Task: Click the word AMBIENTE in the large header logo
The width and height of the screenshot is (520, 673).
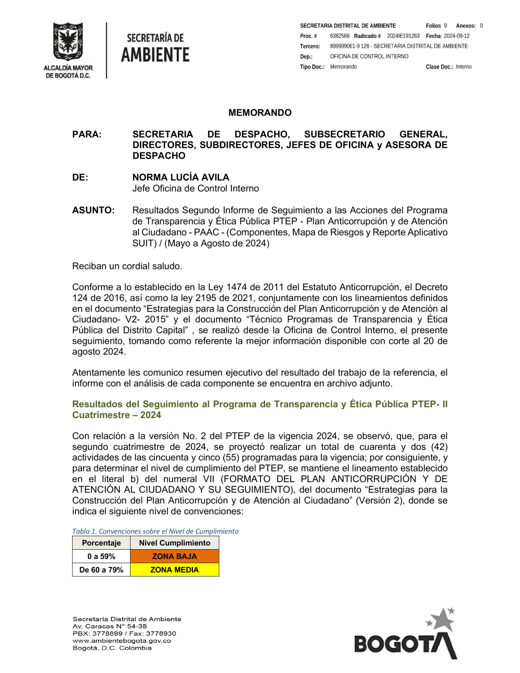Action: pyautogui.click(x=155, y=55)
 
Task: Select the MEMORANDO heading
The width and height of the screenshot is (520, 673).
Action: pyautogui.click(x=260, y=113)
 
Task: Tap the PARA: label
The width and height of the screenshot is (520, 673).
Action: pyautogui.click(x=87, y=134)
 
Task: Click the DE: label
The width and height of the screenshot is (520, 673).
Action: pyautogui.click(x=80, y=177)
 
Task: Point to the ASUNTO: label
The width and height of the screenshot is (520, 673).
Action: pyautogui.click(x=93, y=210)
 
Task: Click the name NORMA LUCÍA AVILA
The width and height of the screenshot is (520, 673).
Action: pyautogui.click(x=180, y=177)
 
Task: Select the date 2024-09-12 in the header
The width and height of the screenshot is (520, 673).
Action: pyautogui.click(x=457, y=36)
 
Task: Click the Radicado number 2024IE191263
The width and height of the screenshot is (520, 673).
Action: pyautogui.click(x=403, y=36)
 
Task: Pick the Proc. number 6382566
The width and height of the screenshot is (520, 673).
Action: pyautogui.click(x=340, y=36)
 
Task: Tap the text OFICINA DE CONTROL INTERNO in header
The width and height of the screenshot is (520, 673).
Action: pyautogui.click(x=369, y=56)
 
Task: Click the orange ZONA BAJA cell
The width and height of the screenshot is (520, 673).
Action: pyautogui.click(x=174, y=556)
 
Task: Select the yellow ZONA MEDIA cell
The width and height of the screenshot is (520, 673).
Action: pyautogui.click(x=174, y=570)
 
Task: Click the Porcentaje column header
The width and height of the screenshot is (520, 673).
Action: pyautogui.click(x=101, y=543)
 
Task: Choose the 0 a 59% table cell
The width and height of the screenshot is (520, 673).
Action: pyautogui.click(x=101, y=556)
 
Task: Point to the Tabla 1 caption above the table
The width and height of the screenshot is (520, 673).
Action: pyautogui.click(x=155, y=531)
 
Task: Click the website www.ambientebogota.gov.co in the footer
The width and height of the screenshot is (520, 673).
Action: pyautogui.click(x=122, y=641)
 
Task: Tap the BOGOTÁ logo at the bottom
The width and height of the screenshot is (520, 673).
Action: pyautogui.click(x=405, y=637)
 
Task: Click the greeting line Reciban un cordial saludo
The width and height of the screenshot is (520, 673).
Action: pyautogui.click(x=127, y=266)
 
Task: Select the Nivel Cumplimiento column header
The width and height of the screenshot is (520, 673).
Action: pyautogui.click(x=174, y=543)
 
